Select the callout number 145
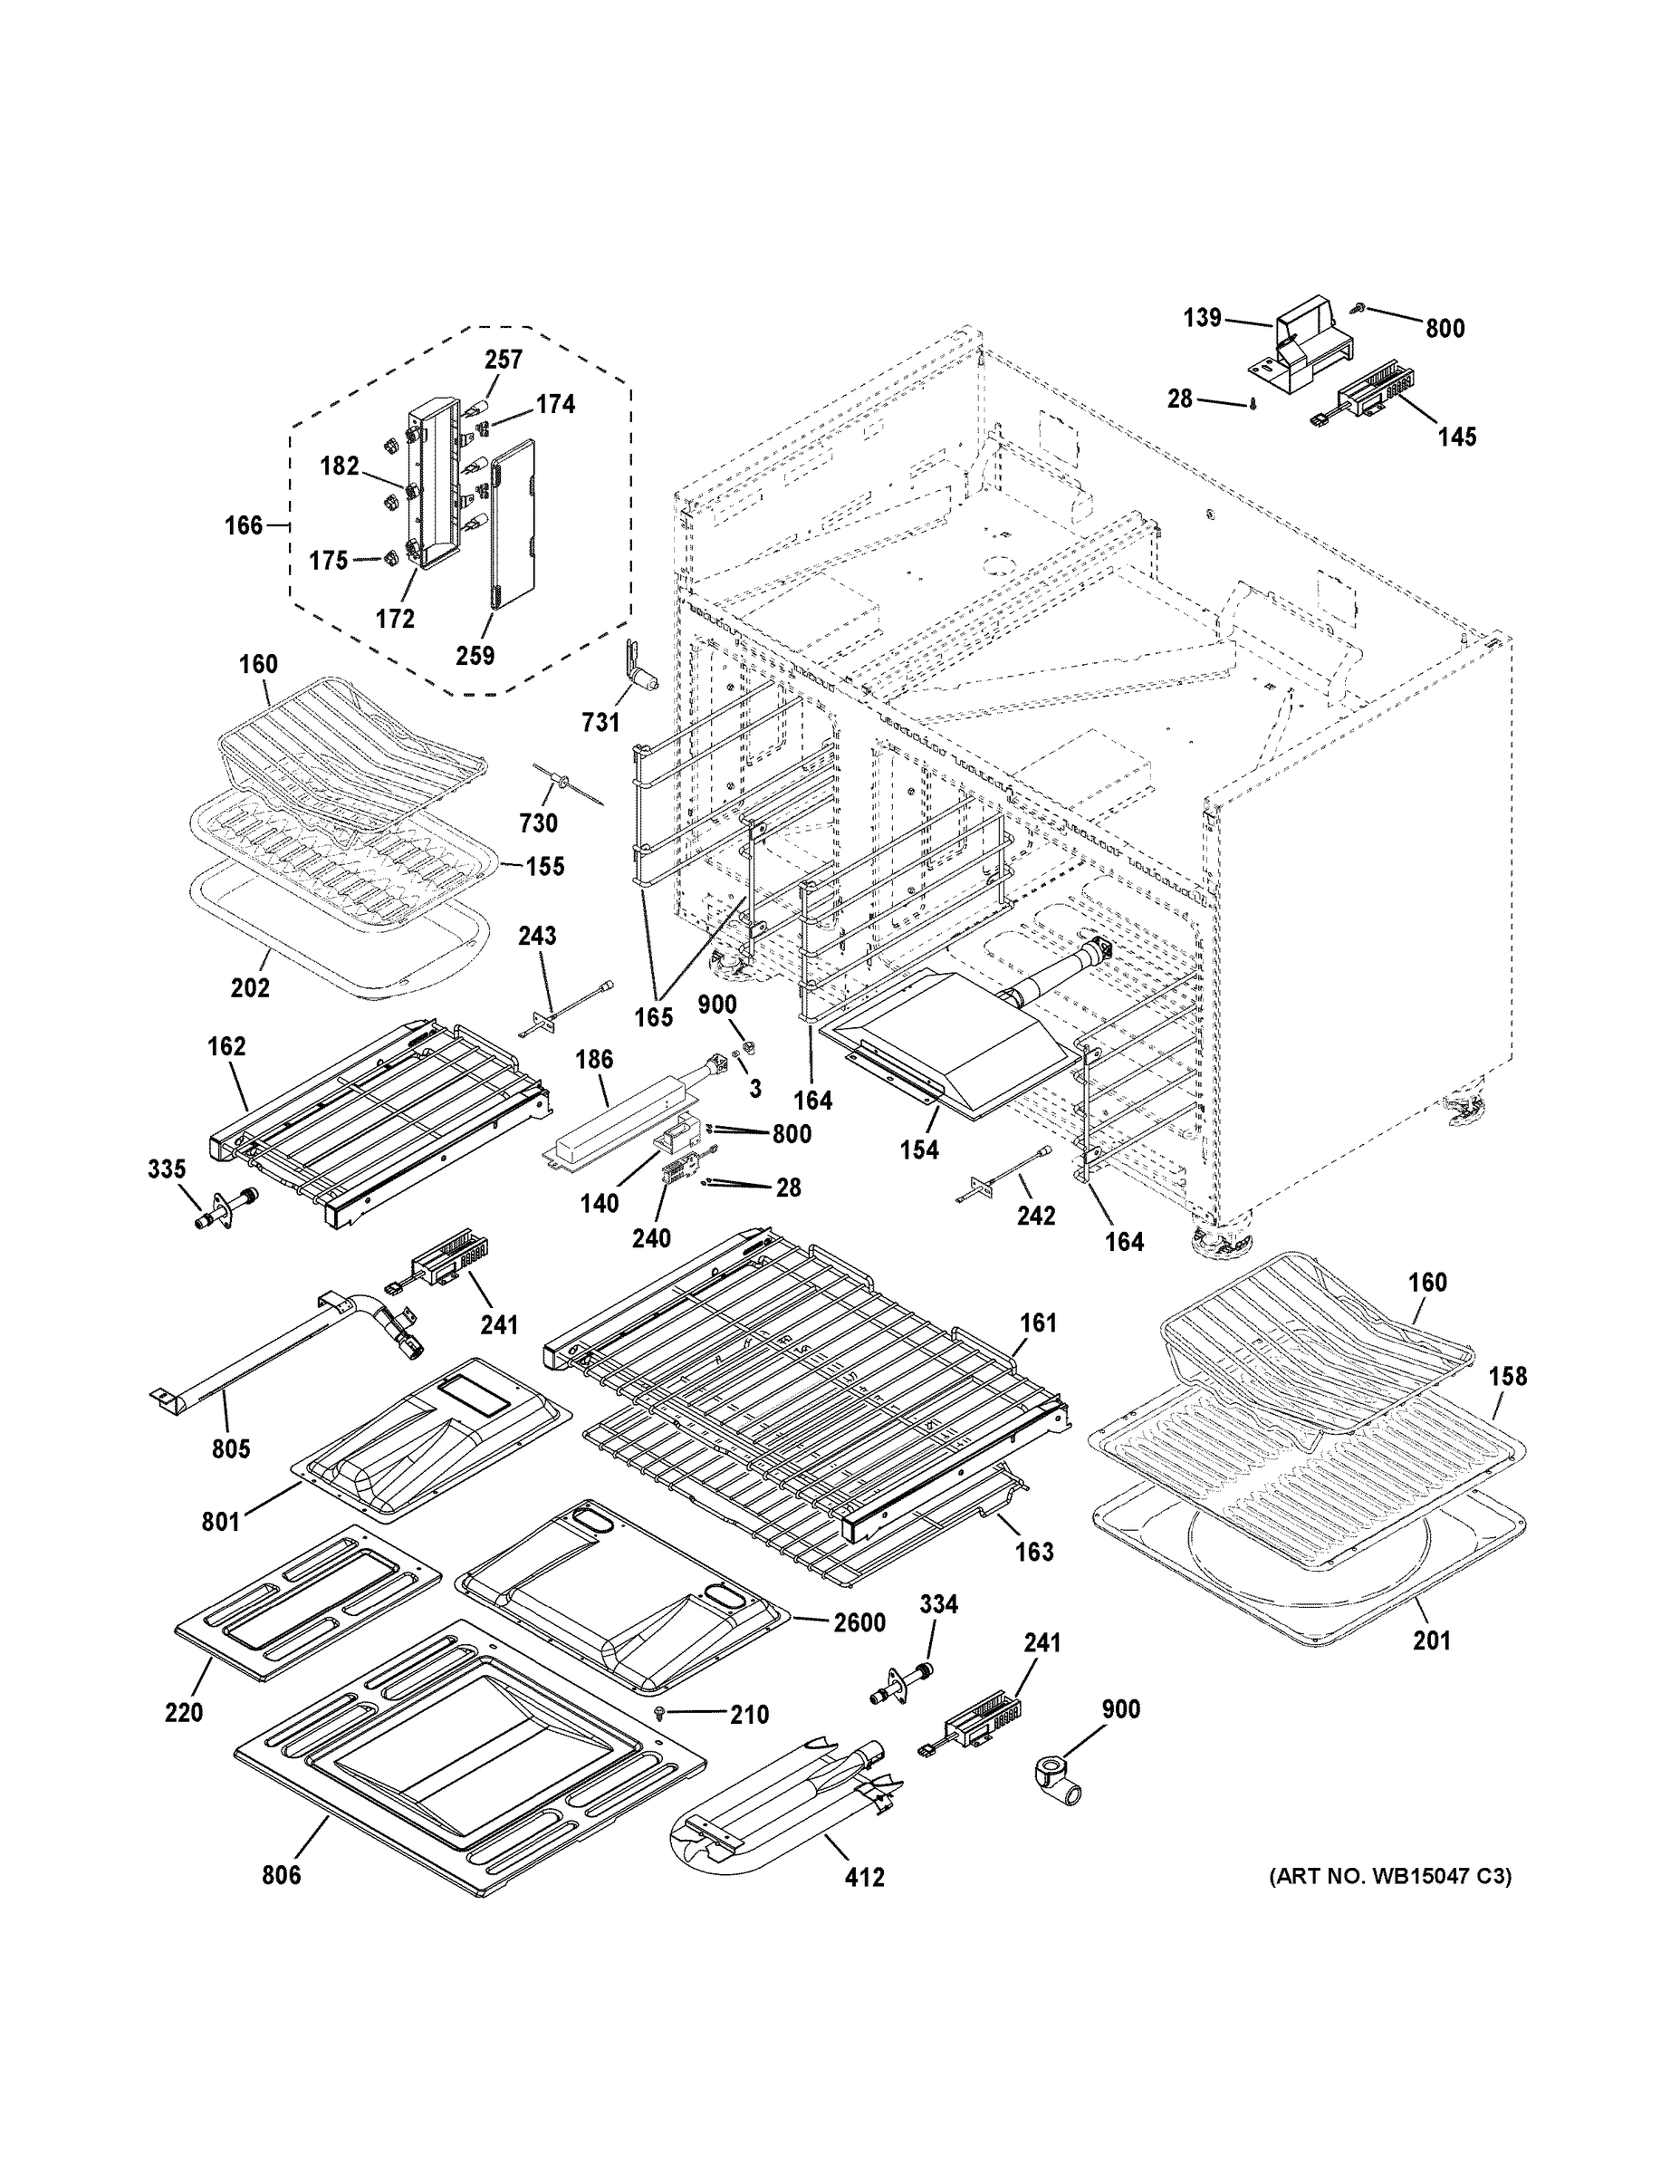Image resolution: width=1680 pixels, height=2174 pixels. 1457,436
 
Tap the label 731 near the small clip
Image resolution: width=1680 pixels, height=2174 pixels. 600,723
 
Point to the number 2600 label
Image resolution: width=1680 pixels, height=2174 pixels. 859,1622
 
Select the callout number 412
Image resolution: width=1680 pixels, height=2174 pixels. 864,1878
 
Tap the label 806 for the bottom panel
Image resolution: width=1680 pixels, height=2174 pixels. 282,1875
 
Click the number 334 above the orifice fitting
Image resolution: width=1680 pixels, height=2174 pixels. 938,1603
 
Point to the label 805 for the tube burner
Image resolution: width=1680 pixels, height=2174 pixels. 231,1448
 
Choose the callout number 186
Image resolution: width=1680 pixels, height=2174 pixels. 594,1059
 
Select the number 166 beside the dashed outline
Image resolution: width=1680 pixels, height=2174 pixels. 244,524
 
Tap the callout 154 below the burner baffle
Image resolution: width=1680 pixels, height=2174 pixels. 918,1150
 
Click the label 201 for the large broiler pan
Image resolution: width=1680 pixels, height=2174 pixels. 1432,1640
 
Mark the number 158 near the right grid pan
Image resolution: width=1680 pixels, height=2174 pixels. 1508,1376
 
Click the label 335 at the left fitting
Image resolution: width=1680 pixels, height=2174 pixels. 167,1169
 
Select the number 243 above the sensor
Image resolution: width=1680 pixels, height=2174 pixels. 537,936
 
